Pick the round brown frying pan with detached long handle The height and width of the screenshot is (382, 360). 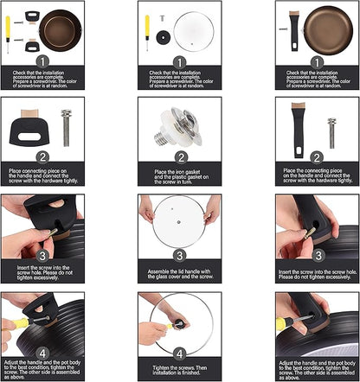tap(323, 26)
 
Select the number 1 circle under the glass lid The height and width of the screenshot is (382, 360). tap(179, 60)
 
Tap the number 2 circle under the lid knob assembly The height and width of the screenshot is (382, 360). tap(179, 158)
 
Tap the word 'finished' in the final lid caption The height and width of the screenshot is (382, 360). tap(198, 373)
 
